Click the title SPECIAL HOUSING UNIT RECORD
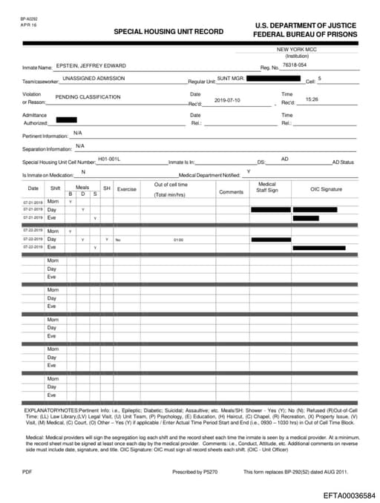click(x=168, y=33)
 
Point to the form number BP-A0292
click(x=28, y=18)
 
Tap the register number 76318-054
click(x=295, y=65)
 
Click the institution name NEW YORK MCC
click(x=297, y=49)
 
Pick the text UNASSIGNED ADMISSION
click(x=94, y=78)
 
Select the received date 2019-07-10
click(x=227, y=99)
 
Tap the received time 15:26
click(x=312, y=99)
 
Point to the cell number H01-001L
click(x=109, y=159)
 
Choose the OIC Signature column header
click(x=326, y=189)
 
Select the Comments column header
click(x=231, y=192)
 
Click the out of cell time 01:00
click(x=178, y=240)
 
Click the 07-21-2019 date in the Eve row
click(x=33, y=217)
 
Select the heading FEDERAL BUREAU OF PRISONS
click(x=305, y=35)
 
